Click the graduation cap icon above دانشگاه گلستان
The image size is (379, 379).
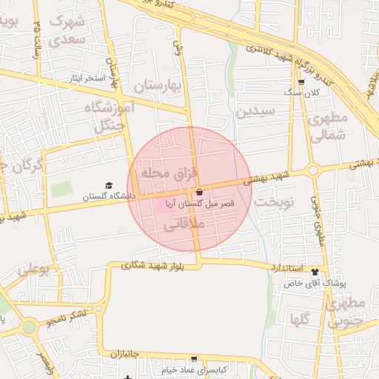click(x=109, y=186)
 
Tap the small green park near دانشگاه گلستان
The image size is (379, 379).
click(x=62, y=189)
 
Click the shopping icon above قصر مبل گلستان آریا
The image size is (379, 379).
click(x=200, y=192)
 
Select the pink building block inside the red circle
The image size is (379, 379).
click(x=164, y=204)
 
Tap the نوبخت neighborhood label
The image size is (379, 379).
click(x=274, y=201)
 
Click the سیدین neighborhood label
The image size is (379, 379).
click(x=255, y=112)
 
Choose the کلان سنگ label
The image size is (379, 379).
click(x=302, y=93)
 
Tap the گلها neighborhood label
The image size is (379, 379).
click(x=300, y=320)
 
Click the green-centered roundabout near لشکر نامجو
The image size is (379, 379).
click(x=29, y=326)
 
